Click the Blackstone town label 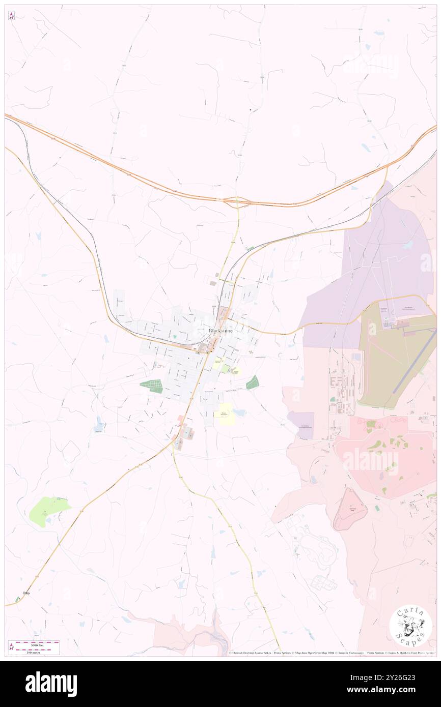221,331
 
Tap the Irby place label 27,593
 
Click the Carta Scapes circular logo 410,626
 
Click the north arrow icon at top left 11,15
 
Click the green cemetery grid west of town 152,386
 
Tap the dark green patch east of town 253,382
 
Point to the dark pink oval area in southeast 349,509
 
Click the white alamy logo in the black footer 51,684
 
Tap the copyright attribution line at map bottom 331,653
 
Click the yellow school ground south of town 224,413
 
